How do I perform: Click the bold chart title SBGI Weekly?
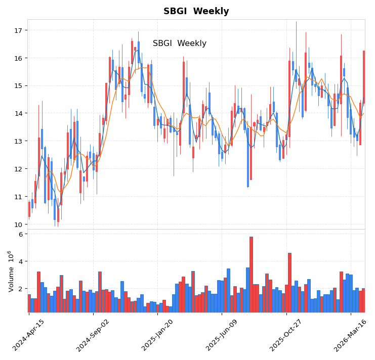pyautogui.click(x=196, y=11)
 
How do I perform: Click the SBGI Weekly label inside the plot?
pyautogui.click(x=179, y=43)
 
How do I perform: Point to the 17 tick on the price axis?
pyautogui.click(x=18, y=31)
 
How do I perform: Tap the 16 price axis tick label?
pyautogui.click(x=18, y=58)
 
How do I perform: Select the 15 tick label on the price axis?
pyautogui.click(x=18, y=86)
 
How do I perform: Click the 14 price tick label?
pyautogui.click(x=18, y=114)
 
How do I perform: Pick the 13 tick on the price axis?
pyautogui.click(x=18, y=141)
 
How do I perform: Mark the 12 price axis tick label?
pyautogui.click(x=18, y=169)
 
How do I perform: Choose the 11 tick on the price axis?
pyautogui.click(x=18, y=197)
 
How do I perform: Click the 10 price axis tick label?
pyautogui.click(x=18, y=224)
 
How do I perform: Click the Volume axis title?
pyautogui.click(x=11, y=271)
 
